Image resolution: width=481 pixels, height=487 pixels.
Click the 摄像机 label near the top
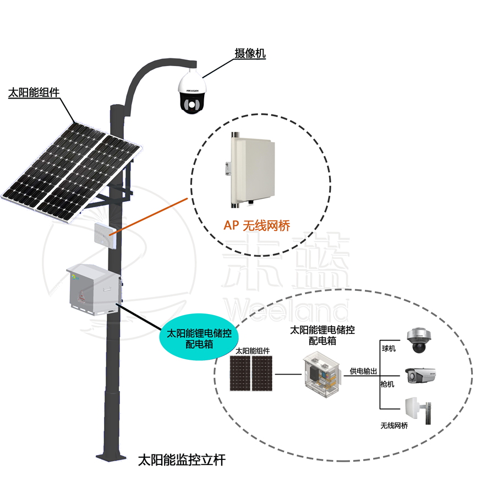pyautogui.click(x=250, y=53)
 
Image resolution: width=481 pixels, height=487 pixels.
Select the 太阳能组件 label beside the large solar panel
pyautogui.click(x=34, y=92)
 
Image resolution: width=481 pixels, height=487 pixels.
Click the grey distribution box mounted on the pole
pyautogui.click(x=94, y=289)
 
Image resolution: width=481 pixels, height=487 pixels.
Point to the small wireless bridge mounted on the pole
pyautogui.click(x=106, y=235)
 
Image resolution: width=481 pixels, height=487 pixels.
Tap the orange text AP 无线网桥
pyautogui.click(x=256, y=225)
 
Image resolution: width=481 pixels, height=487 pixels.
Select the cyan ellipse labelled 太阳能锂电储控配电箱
pyautogui.click(x=199, y=337)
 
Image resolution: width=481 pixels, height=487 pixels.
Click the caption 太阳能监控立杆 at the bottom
pyautogui.click(x=182, y=460)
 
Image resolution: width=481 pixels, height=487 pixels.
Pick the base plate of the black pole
pyautogui.click(x=111, y=457)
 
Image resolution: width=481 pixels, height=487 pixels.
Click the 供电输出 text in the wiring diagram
pyautogui.click(x=363, y=371)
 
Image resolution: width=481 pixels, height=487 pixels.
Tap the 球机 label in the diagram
pyautogui.click(x=389, y=349)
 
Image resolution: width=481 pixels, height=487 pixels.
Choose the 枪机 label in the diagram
pyautogui.click(x=387, y=384)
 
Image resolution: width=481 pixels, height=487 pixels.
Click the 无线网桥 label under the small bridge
pyautogui.click(x=394, y=425)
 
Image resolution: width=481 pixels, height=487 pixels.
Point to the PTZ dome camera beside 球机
pyautogui.click(x=419, y=340)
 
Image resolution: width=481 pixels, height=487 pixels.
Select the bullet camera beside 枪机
pyautogui.click(x=420, y=375)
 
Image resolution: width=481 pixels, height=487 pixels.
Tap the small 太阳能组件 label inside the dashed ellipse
pyautogui.click(x=253, y=351)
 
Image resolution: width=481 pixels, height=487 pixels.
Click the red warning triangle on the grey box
pyautogui.click(x=81, y=296)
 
